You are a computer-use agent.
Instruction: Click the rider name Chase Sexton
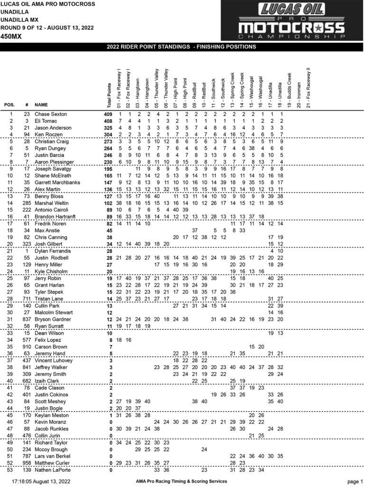pyautogui.click(x=51, y=114)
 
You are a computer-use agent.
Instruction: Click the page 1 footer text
pyautogui.click(x=354, y=481)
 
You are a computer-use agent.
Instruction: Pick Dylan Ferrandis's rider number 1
pyautogui.click(x=28, y=251)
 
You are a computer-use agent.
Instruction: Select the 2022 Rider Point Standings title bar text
pyautogui.click(x=186, y=47)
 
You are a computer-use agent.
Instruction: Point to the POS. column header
pyautogui.click(x=10, y=105)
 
